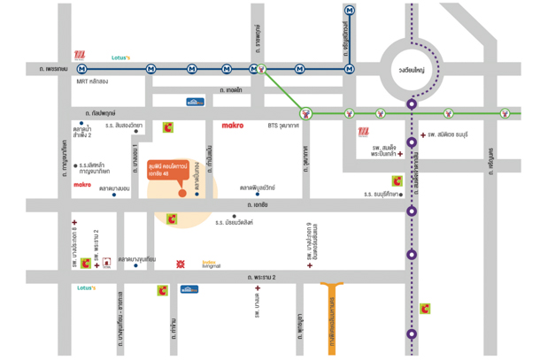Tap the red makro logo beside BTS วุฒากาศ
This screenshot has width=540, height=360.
pyautogui.click(x=234, y=126)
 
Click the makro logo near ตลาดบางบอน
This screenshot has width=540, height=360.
pyautogui.click(x=82, y=184)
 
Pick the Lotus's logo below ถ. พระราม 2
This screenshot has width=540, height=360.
pyautogui.click(x=86, y=287)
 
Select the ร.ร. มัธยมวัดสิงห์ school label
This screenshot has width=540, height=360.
pyautogui.click(x=234, y=222)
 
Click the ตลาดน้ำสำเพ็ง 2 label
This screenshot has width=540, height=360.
pyautogui.click(x=83, y=133)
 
